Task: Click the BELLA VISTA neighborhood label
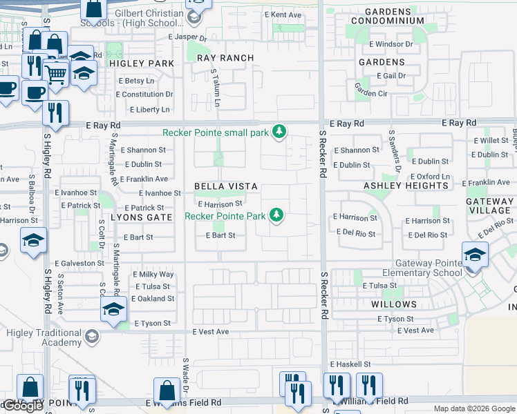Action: click(x=225, y=186)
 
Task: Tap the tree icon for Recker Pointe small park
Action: click(x=279, y=131)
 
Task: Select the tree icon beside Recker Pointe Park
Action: click(x=276, y=215)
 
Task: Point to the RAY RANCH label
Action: click(x=225, y=58)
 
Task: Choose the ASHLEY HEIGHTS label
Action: click(x=406, y=186)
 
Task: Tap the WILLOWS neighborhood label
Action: click(x=393, y=304)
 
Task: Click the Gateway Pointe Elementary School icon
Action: click(x=475, y=255)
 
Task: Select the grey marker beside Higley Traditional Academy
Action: click(x=91, y=337)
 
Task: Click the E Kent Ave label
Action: click(x=283, y=14)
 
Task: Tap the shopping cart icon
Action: click(x=55, y=72)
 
